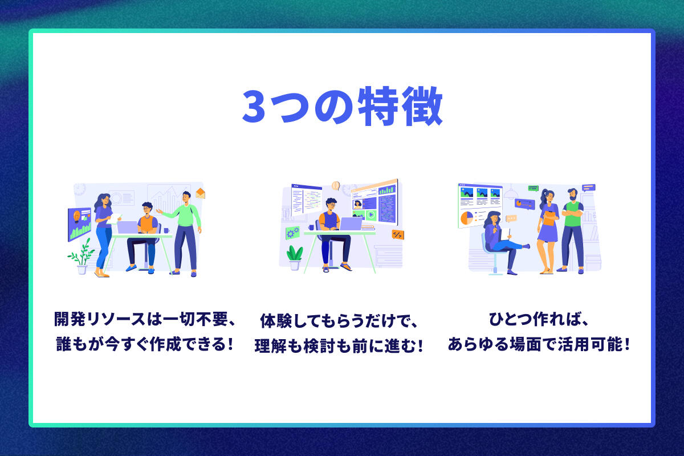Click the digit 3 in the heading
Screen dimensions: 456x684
click(x=255, y=107)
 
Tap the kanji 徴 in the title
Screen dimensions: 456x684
click(x=421, y=107)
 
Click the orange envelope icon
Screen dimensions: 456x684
click(x=200, y=194)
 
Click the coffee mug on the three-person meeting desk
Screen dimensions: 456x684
click(x=166, y=231)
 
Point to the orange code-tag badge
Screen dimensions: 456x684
click(x=398, y=234)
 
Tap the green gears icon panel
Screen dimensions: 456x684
click(x=292, y=232)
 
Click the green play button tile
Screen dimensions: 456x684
click(x=371, y=215)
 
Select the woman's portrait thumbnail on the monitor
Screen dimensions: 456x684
click(x=358, y=203)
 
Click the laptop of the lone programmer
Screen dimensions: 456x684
click(x=351, y=224)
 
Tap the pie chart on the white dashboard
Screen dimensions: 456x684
click(x=467, y=218)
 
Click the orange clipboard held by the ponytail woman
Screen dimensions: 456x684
click(x=549, y=217)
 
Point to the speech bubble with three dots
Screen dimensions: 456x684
click(x=511, y=218)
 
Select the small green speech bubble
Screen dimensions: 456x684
click(x=533, y=188)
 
